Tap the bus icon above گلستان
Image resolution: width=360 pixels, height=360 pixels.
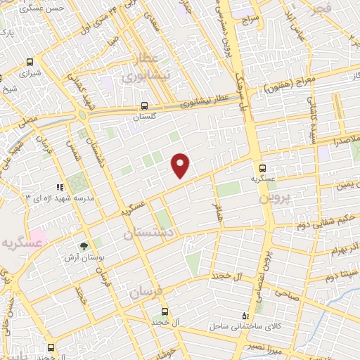click(144, 106)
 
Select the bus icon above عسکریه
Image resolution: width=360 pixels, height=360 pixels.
click(262, 168)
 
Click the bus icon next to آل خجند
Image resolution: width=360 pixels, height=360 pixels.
click(165, 311)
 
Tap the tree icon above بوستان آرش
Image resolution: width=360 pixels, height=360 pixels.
click(84, 246)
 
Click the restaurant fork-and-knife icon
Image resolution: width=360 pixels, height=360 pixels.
click(60, 188)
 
